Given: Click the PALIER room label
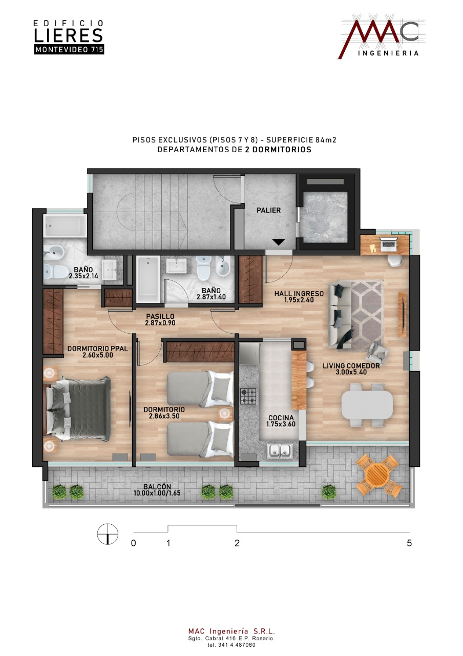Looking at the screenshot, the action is [268, 210].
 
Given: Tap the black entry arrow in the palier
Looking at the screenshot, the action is [278, 242].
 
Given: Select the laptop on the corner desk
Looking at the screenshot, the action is [388, 242].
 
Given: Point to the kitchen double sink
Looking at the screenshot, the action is [280, 450].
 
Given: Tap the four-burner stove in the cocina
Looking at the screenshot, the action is [248, 396].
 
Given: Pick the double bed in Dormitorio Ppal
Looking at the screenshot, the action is [77, 408].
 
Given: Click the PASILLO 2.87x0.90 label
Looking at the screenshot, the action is [160, 319].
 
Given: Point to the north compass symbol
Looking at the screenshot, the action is [108, 534].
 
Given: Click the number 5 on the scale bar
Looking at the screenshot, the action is [409, 543].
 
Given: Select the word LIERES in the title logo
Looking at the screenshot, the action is [69, 35].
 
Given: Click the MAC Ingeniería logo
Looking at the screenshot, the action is [382, 36].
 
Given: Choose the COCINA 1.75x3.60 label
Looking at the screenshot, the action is [281, 421].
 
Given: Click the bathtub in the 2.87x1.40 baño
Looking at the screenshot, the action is [148, 279].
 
